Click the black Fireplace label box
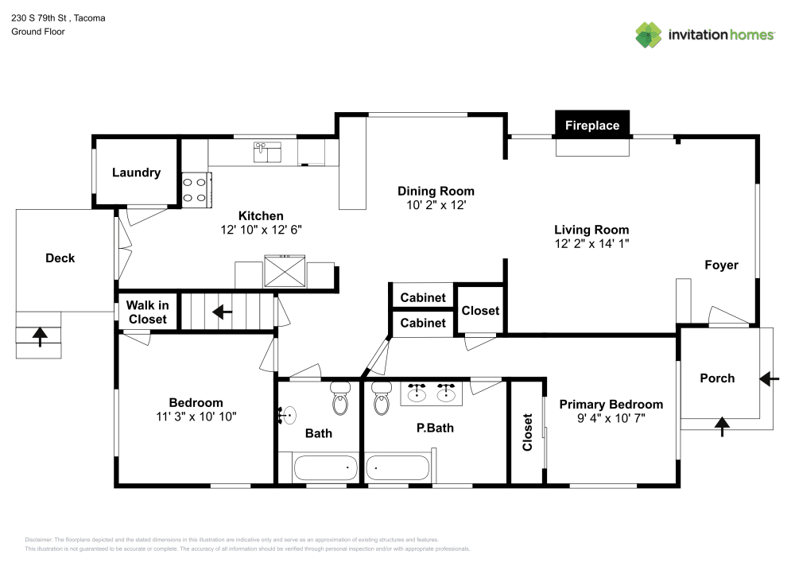point(592,125)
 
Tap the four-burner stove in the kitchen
point(195,190)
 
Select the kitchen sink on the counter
point(267,151)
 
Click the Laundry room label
point(136,172)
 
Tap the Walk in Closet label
point(148,312)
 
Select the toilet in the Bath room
point(341,400)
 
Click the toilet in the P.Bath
point(382,400)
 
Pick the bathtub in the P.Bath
point(397,468)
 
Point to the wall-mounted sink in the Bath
point(288,414)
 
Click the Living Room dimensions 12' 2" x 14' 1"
point(591,244)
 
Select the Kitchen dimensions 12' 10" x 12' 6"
point(261,230)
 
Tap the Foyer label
point(721,265)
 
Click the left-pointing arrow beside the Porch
point(769,379)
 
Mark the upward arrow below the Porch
point(722,427)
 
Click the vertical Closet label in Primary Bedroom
point(527,432)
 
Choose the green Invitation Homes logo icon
point(649,35)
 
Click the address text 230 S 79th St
point(40,17)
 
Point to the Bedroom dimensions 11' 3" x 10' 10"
point(196,417)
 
